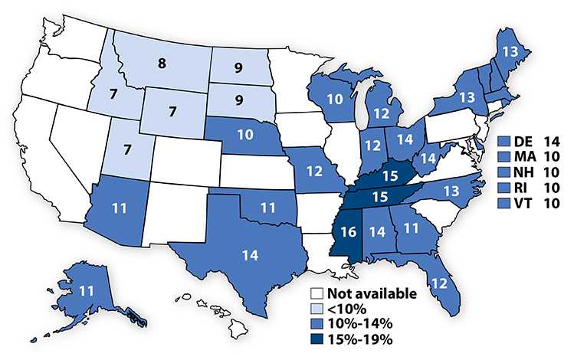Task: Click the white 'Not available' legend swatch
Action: tap(314, 293)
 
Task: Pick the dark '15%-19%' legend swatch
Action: tap(314, 335)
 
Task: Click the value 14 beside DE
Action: tap(551, 142)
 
